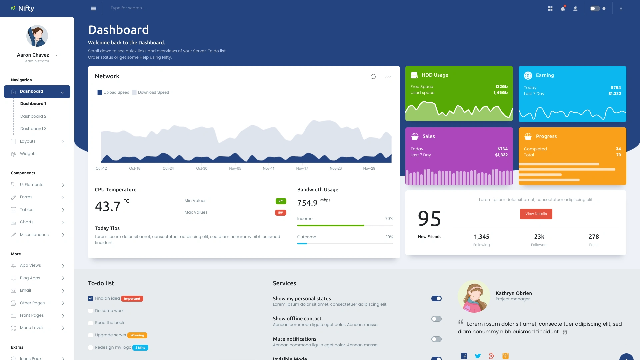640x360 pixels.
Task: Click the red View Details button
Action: (536, 214)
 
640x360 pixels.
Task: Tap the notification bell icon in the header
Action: (563, 9)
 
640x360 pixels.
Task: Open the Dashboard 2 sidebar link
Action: (33, 116)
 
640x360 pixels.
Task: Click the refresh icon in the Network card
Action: (373, 77)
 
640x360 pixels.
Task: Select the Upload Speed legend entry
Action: (113, 92)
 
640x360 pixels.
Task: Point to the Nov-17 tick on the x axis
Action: (302, 168)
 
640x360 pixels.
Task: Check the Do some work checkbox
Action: (90, 311)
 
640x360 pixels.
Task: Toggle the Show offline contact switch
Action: (436, 319)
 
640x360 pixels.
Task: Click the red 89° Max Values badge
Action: (280, 213)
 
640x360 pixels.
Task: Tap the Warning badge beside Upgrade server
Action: (137, 335)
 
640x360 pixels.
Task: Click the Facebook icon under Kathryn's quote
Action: (464, 356)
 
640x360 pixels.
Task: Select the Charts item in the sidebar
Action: (27, 222)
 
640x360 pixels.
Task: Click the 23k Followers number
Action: (539, 237)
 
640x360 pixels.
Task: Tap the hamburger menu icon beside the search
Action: (93, 9)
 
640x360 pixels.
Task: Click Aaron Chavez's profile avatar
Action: (37, 36)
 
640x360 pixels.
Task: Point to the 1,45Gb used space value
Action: (500, 93)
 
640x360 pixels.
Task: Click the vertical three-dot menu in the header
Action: (621, 9)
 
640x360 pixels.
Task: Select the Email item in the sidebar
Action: (25, 290)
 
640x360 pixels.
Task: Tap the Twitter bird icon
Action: (478, 356)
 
